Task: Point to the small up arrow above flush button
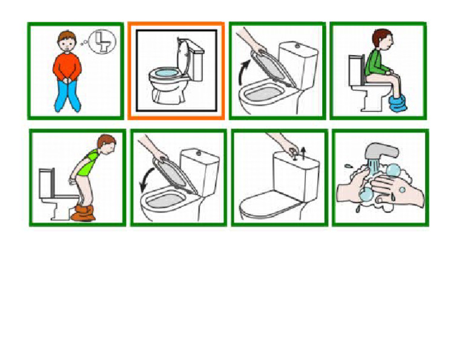point(303,150)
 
